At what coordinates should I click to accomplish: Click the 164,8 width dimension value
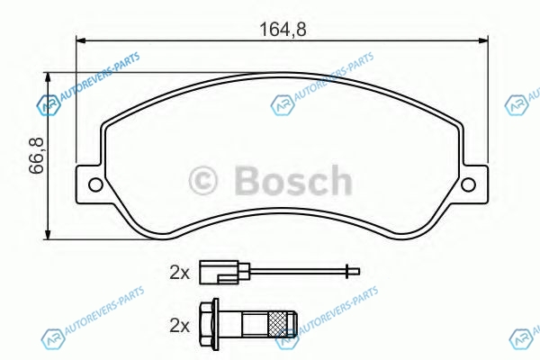click(283, 30)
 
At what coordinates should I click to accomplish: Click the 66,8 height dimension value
click(36, 156)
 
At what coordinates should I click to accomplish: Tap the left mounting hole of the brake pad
click(95, 184)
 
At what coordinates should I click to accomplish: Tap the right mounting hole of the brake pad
click(468, 184)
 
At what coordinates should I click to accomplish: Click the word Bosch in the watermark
click(293, 181)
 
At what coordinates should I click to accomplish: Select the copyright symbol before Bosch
click(203, 181)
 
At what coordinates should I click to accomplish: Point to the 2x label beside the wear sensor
click(179, 273)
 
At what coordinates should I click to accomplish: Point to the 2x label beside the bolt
click(179, 326)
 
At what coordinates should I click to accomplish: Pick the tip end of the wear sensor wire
click(358, 272)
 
